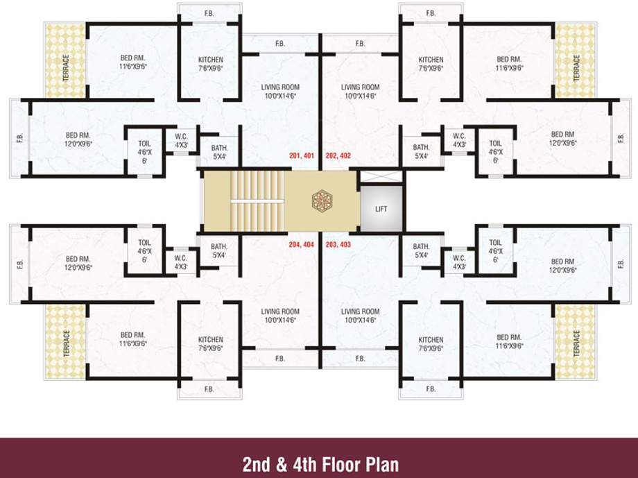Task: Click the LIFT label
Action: tap(381, 209)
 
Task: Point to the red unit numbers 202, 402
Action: tap(338, 156)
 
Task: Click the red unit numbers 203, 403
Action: tap(338, 245)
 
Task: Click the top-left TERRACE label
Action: tap(66, 68)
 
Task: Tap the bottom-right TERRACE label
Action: tap(576, 344)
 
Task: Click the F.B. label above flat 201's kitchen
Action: tap(209, 12)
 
